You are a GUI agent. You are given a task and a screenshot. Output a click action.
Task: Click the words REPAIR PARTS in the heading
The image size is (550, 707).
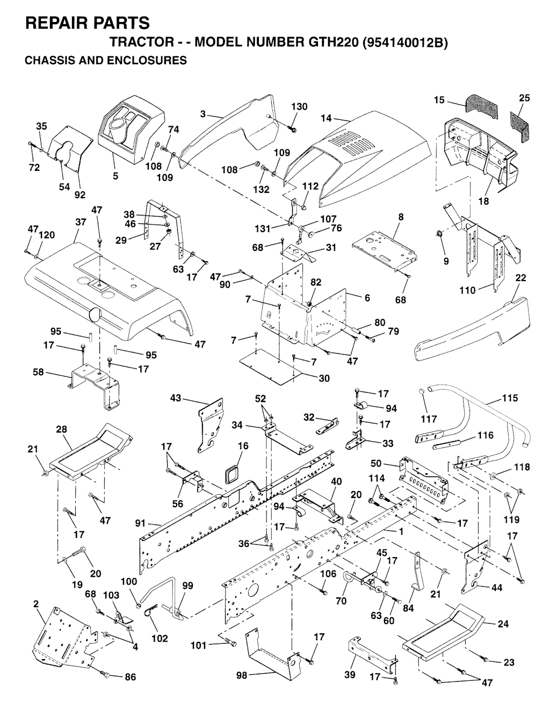tap(88, 23)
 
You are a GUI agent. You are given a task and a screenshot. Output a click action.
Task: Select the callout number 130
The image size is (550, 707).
tap(299, 107)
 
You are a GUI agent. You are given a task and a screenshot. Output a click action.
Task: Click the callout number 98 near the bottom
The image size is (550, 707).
tap(242, 675)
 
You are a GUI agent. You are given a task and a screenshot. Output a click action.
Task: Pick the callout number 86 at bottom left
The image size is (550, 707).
tap(130, 677)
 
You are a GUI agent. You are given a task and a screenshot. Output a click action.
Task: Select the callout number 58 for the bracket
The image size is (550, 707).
tap(38, 372)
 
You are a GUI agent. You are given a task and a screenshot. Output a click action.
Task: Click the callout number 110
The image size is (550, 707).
tap(467, 290)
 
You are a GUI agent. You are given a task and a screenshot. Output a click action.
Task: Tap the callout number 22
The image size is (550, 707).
tap(520, 278)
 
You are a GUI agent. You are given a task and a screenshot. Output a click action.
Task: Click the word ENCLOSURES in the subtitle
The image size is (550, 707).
tap(142, 60)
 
